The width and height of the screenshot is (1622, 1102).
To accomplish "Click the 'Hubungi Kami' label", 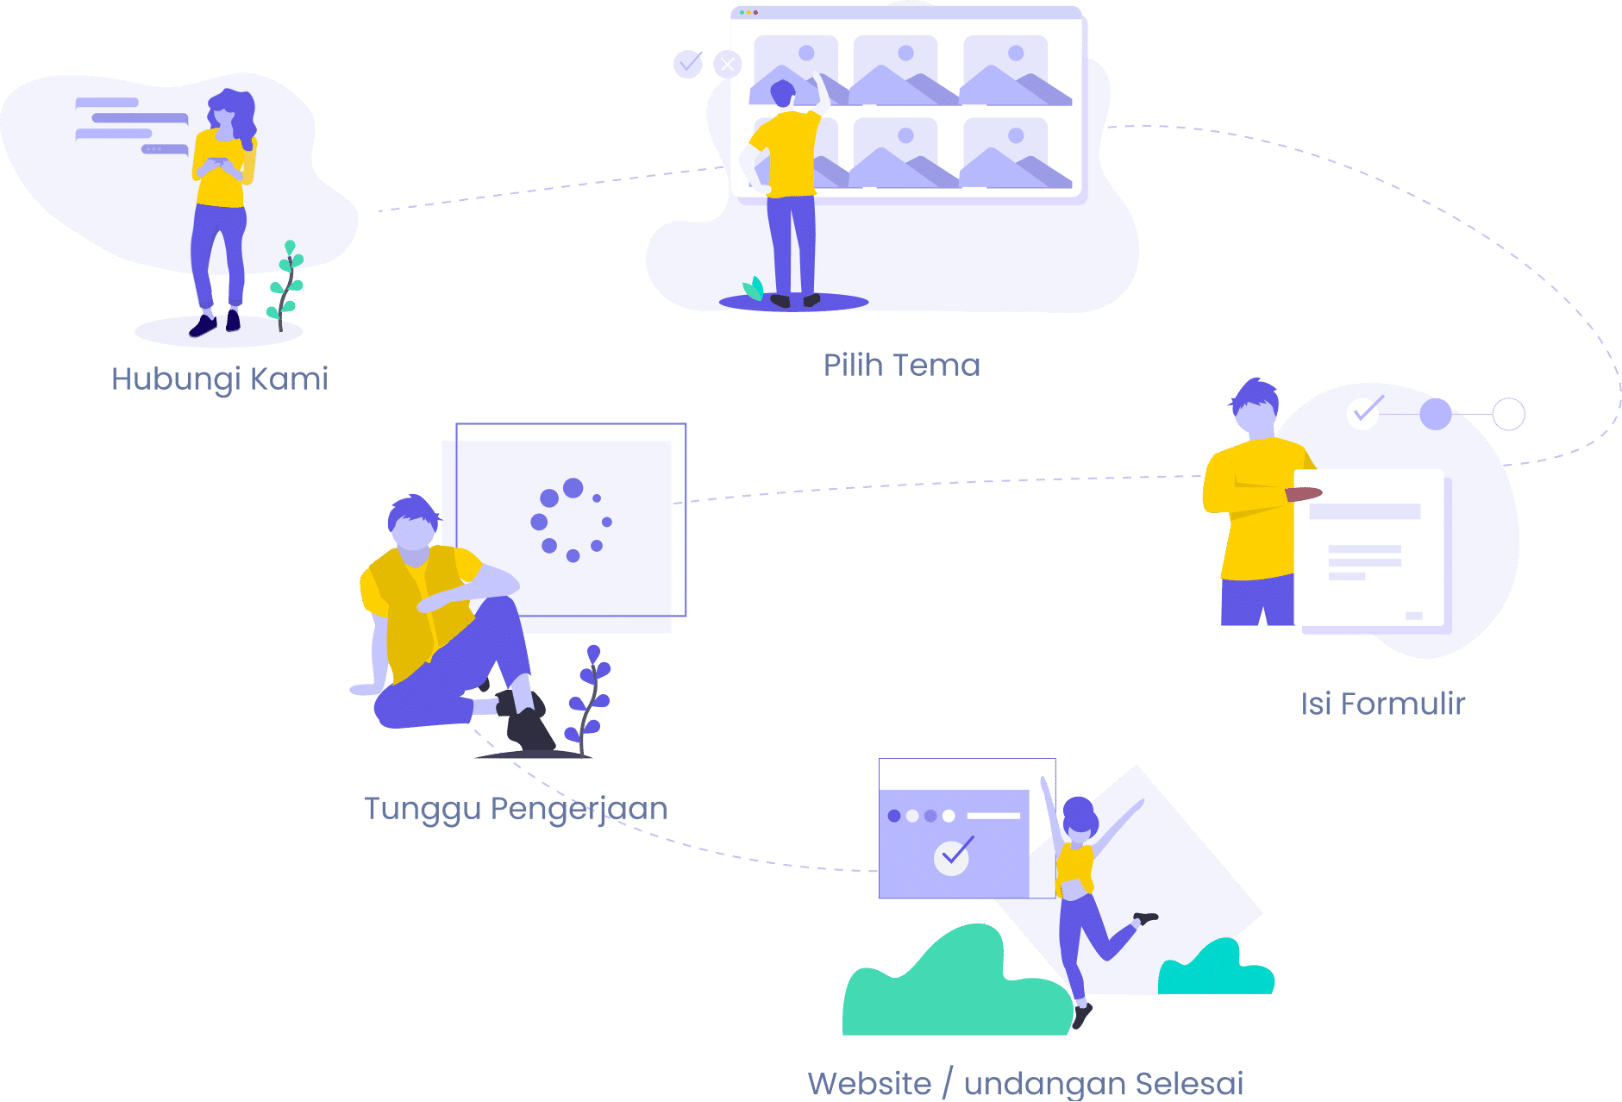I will (220, 379).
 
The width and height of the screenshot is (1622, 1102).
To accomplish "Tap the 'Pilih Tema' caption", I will (902, 365).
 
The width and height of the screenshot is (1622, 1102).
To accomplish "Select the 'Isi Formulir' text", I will (1383, 704).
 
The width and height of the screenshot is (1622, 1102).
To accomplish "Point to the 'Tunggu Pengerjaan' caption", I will (516, 809).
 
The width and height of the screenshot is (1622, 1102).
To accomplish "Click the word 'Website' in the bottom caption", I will (869, 1083).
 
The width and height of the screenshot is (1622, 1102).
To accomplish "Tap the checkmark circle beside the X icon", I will (688, 63).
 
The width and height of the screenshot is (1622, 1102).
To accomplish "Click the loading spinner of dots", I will (571, 520).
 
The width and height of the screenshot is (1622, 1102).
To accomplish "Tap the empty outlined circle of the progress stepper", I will (1508, 414).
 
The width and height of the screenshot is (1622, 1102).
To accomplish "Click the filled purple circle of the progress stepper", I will (1436, 414).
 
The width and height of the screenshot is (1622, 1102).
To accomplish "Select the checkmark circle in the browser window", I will (952, 856).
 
